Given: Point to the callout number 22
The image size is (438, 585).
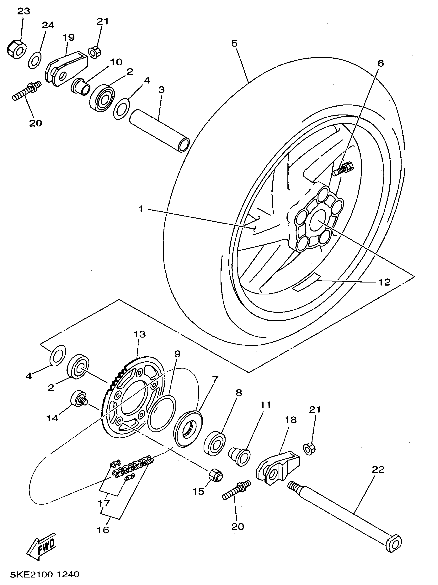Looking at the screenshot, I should coord(378,470).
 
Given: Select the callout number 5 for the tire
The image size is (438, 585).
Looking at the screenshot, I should coord(234,43).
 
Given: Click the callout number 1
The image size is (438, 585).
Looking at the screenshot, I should coord(141,209).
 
